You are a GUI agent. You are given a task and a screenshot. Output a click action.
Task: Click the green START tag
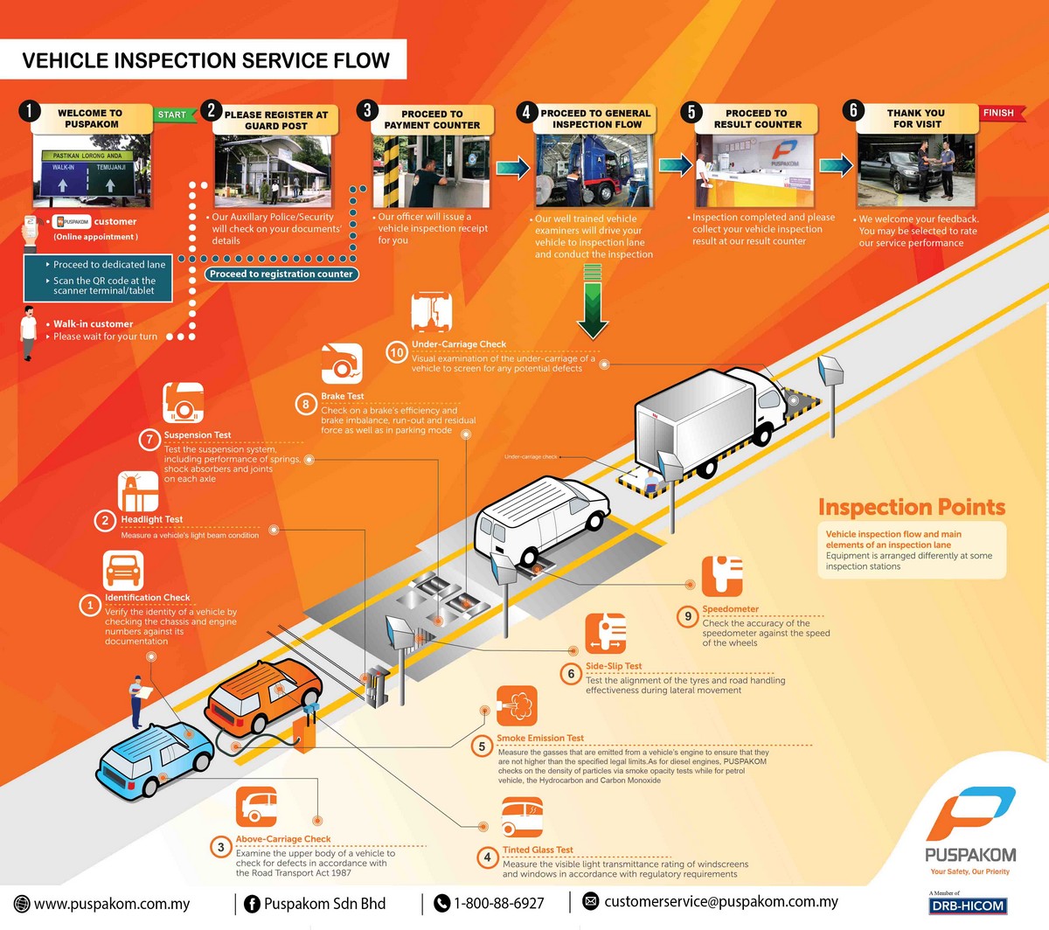coord(173,115)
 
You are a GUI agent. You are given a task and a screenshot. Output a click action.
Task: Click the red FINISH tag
coord(999,113)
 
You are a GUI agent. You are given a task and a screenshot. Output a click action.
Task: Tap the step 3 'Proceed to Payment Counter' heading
coord(432,120)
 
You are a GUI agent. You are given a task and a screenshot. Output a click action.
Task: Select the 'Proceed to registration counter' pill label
coord(281,274)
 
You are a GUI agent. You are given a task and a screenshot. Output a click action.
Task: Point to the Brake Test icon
coord(342,364)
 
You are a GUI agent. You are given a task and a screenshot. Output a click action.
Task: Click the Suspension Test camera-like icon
coord(184,403)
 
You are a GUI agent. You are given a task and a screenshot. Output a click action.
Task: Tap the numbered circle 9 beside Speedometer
coord(688,616)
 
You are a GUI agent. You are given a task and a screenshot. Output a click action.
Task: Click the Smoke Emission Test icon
coord(517,705)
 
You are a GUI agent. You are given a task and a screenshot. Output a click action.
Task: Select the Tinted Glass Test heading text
coord(538,850)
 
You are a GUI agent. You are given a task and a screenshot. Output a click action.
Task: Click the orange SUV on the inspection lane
coord(264,696)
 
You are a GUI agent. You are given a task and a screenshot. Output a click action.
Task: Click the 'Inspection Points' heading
coord(911,507)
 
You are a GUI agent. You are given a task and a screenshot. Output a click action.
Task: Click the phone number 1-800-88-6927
coord(498,903)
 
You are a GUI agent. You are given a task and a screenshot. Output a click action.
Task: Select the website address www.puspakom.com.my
coord(112,904)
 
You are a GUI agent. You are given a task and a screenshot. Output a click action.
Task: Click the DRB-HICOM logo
coord(968,906)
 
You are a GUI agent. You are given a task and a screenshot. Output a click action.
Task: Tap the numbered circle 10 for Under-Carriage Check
coord(397,352)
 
